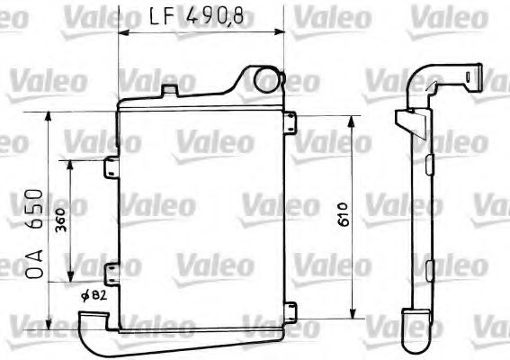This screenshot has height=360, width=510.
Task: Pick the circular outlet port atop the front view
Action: (x=267, y=79)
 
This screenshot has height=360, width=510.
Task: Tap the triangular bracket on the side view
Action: (x=411, y=119)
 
